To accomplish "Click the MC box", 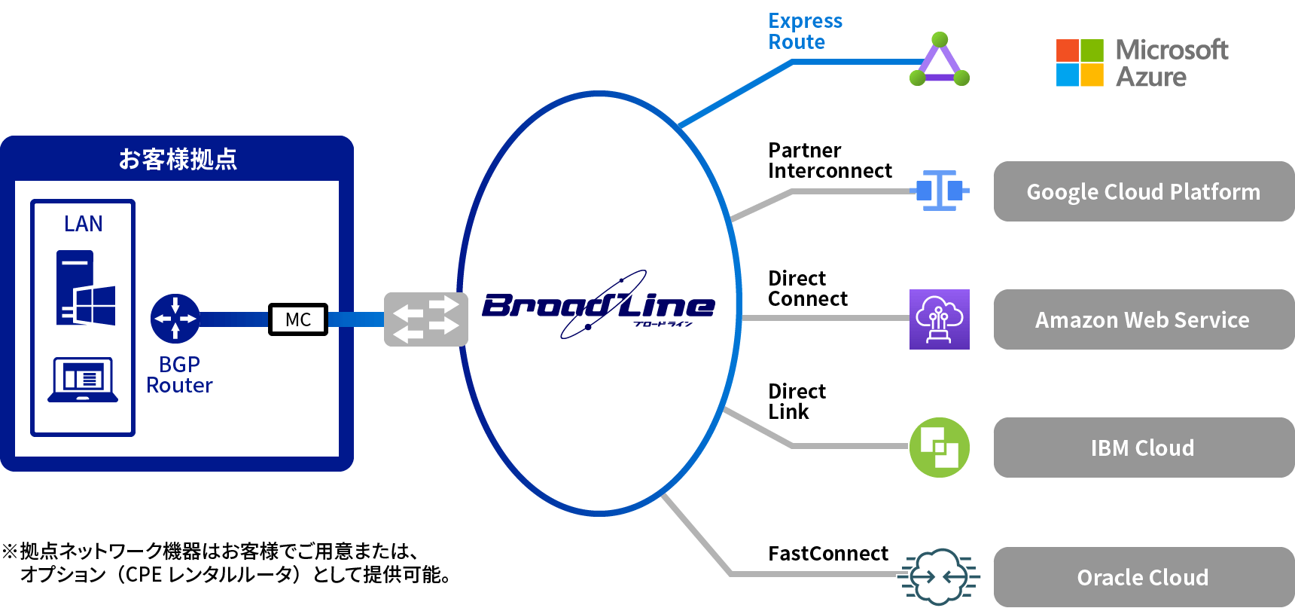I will (298, 319).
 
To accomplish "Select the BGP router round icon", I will (175, 319).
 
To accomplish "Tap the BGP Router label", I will (179, 375).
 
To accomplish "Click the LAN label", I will (83, 224).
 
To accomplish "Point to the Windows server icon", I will (85, 289).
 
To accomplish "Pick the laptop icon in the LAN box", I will (83, 380).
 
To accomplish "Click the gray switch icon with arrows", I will (425, 319).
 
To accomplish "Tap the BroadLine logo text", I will (598, 306).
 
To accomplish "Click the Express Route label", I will (805, 32).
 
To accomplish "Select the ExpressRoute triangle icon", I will (939, 60).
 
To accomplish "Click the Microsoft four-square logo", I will (1080, 63).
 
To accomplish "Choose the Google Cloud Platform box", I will (1143, 191).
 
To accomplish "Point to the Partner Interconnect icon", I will (939, 191).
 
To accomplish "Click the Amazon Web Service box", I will (1143, 319).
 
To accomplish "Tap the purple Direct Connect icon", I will (939, 319).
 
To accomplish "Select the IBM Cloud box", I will (1143, 448).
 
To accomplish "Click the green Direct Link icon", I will (939, 448).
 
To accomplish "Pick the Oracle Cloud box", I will (1143, 577).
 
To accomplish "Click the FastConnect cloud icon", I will (939, 577).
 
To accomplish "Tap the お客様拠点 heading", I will (178, 159).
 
